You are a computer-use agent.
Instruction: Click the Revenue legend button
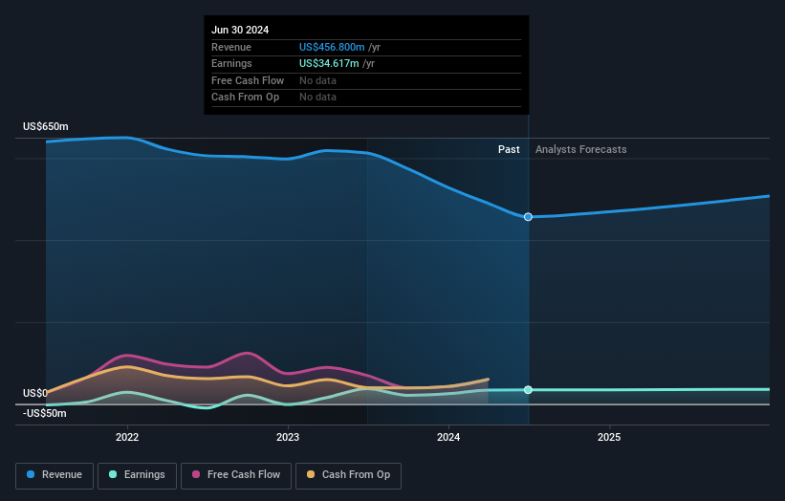click(x=55, y=474)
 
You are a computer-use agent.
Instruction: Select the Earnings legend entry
click(x=137, y=474)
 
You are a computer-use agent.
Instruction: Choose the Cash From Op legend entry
click(x=349, y=474)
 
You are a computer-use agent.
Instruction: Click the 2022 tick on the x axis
click(x=127, y=437)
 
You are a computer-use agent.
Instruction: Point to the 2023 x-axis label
click(x=288, y=437)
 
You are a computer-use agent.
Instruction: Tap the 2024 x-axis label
click(x=448, y=437)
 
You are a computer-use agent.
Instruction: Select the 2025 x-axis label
click(x=609, y=437)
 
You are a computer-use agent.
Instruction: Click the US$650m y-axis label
click(x=46, y=127)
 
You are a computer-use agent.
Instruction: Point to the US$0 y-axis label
click(x=35, y=393)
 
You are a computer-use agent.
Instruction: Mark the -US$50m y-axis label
click(x=45, y=413)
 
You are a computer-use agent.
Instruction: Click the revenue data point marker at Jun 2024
click(x=528, y=217)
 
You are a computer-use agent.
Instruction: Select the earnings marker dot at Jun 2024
click(x=528, y=390)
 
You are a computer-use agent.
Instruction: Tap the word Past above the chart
click(x=509, y=149)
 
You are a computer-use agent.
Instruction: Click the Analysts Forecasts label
click(x=581, y=149)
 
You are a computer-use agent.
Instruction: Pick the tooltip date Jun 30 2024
click(x=240, y=30)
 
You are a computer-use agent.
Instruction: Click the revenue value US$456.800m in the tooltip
click(x=332, y=47)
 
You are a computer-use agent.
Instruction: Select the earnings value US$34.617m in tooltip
click(x=330, y=64)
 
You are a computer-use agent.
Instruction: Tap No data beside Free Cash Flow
click(x=317, y=80)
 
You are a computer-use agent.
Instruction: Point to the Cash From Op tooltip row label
click(x=245, y=98)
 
